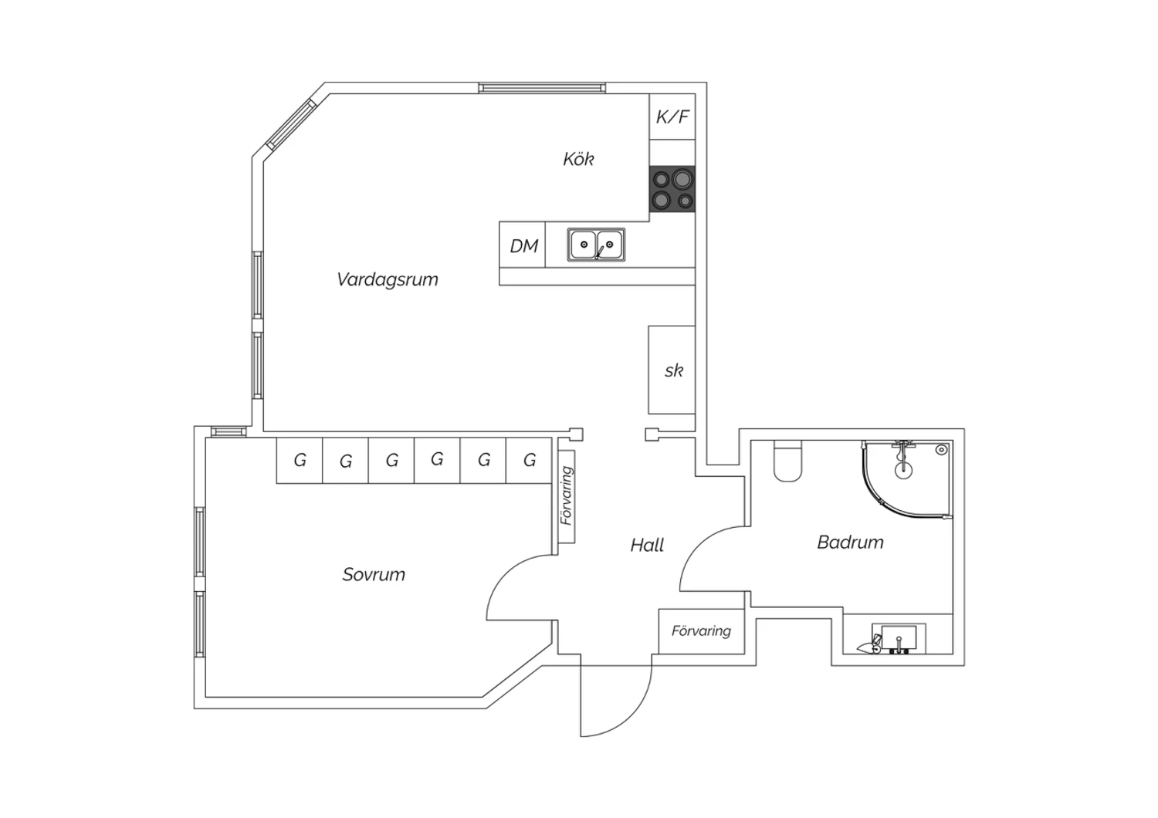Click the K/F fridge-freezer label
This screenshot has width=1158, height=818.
[672, 117]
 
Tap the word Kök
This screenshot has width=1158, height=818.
[578, 159]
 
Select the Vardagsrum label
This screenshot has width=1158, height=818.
[388, 279]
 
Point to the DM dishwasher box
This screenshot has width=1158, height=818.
[522, 245]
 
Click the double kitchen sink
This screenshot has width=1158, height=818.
[596, 245]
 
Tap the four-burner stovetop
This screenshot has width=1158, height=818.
[672, 189]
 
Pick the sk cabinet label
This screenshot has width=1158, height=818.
[674, 370]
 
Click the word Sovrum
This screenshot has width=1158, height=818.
[374, 574]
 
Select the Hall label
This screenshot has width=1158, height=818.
[647, 545]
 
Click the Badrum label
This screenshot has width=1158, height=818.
[851, 542]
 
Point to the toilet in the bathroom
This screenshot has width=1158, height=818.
[787, 461]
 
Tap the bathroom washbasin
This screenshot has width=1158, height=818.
[899, 639]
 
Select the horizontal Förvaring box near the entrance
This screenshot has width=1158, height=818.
[702, 631]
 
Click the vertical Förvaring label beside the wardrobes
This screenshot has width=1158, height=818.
[567, 495]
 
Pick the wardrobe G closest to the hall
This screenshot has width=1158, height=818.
[529, 460]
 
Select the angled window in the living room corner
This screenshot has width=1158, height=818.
[291, 124]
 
